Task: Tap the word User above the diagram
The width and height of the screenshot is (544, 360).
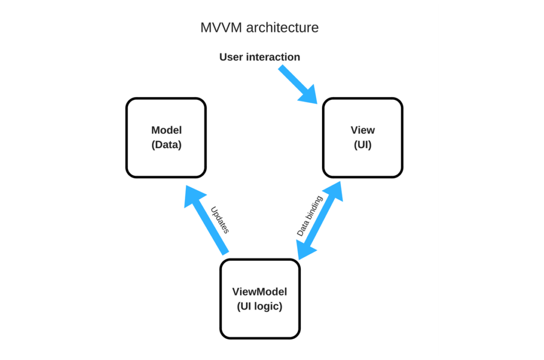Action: click(232, 57)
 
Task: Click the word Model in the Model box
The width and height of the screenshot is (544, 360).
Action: click(166, 130)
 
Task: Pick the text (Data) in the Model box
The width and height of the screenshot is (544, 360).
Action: click(166, 144)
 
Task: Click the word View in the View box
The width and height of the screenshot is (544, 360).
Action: click(362, 130)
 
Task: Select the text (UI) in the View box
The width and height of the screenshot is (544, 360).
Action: click(362, 144)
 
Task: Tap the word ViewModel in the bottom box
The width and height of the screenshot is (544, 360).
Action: click(260, 292)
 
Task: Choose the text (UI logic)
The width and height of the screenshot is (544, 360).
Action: click(260, 306)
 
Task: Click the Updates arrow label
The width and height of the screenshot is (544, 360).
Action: click(219, 220)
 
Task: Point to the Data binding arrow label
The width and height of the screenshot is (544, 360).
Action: click(309, 216)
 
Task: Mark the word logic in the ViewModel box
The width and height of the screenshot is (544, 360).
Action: click(270, 306)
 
